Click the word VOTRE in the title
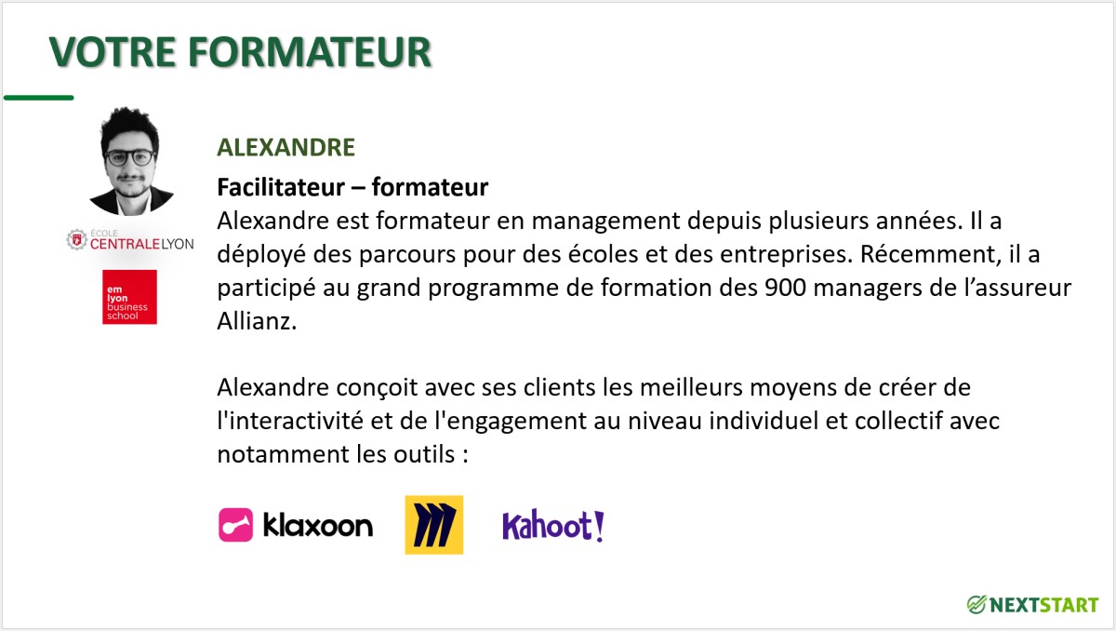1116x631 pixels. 113,51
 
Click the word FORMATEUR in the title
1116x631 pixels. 310,51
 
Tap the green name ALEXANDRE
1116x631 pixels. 286,147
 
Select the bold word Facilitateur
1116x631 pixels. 281,187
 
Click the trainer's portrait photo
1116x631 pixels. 131,160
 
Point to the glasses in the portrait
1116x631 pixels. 129,158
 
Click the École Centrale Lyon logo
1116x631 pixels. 130,240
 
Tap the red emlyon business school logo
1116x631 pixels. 129,297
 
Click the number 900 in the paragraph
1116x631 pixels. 785,288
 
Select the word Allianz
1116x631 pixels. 257,321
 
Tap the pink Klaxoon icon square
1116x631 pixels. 235,525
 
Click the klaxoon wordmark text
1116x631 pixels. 318,525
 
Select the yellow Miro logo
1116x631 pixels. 434,525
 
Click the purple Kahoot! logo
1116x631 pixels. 553,525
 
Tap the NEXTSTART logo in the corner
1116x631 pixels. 1033,605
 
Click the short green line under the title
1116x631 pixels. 39,98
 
